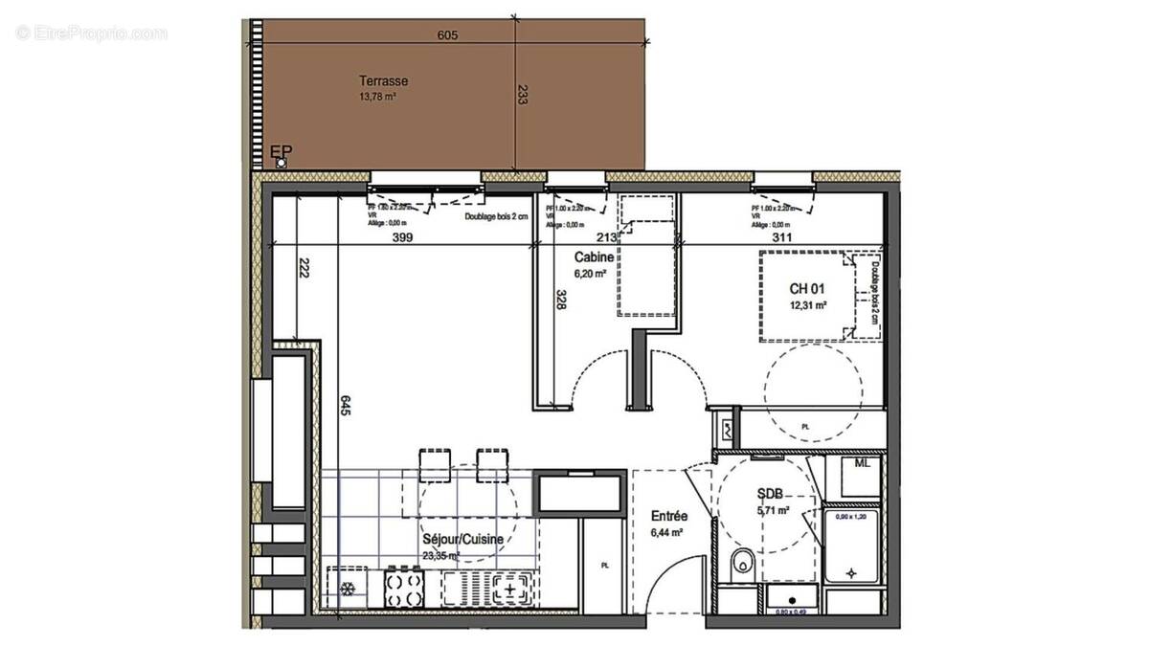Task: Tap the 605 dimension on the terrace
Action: click(447, 35)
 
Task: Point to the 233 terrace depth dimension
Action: click(522, 95)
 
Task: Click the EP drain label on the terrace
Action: click(282, 151)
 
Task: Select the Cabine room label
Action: click(595, 257)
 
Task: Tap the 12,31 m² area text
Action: click(807, 305)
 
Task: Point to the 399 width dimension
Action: click(401, 240)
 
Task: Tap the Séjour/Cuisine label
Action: click(463, 539)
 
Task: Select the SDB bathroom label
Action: click(771, 494)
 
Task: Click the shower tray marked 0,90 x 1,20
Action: click(851, 546)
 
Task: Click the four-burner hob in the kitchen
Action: click(403, 585)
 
